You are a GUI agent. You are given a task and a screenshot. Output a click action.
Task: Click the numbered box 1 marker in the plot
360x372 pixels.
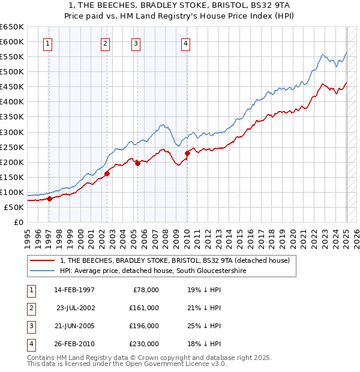pyautogui.click(x=47, y=43)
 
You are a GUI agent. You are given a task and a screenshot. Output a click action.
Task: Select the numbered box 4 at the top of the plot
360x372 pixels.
pyautogui.click(x=187, y=43)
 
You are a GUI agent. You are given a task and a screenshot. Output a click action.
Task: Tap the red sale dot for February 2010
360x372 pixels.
pyautogui.click(x=187, y=153)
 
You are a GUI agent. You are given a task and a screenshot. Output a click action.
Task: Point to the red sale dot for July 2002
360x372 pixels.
pyautogui.click(x=107, y=173)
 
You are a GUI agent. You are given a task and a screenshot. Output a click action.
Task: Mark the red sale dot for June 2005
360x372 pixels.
pyautogui.click(x=137, y=163)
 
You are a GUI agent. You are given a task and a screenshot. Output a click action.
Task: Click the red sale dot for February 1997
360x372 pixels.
pyautogui.click(x=49, y=199)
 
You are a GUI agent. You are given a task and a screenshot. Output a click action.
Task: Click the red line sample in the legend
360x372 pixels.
pyautogui.click(x=42, y=260)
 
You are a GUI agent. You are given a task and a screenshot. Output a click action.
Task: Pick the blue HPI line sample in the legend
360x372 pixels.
pyautogui.click(x=42, y=271)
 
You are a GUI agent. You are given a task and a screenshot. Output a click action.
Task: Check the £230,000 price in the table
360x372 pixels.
pyautogui.click(x=143, y=344)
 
